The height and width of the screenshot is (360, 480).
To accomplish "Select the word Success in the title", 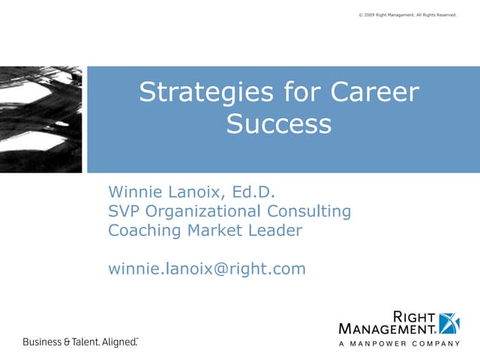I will (x=278, y=123).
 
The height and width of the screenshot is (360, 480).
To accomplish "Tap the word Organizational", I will (x=202, y=211).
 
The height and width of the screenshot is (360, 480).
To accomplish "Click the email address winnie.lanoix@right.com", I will (x=207, y=268).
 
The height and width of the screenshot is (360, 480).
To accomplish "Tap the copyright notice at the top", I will (x=408, y=13).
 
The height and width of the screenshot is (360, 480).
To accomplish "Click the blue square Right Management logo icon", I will (x=448, y=321).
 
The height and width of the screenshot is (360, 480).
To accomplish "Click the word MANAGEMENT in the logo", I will (x=388, y=328).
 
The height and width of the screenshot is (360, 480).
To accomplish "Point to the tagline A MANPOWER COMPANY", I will (x=399, y=343).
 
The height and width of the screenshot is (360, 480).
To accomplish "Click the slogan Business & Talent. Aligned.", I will (x=80, y=342).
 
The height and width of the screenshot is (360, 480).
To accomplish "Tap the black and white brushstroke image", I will (x=42, y=118).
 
